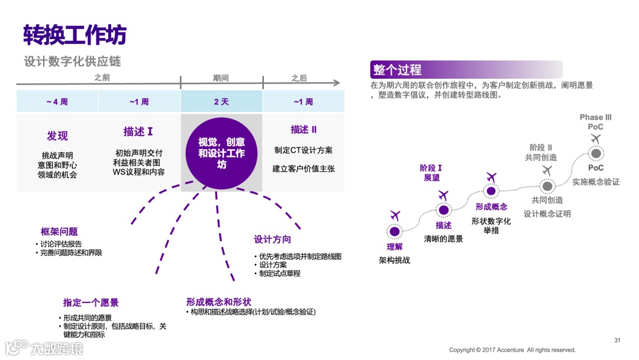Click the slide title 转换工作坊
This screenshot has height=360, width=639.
[x=75, y=35]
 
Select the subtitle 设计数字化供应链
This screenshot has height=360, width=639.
[x=72, y=62]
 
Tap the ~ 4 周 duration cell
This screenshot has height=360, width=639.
[x=57, y=102]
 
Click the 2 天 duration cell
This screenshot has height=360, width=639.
[x=221, y=102]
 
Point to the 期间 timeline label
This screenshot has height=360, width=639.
[x=221, y=78]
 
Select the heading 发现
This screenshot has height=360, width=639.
[x=57, y=136]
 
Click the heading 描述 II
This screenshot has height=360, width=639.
[x=304, y=130]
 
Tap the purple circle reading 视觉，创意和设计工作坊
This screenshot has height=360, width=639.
[x=221, y=152]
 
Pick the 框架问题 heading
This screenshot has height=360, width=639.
[x=59, y=232]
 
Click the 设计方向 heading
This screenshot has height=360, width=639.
[x=272, y=239]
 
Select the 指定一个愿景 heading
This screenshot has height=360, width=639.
[x=91, y=303]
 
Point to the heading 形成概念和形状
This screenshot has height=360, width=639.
[x=218, y=302]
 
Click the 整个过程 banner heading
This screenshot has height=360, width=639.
[x=397, y=70]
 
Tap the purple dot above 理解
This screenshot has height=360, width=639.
[x=395, y=231]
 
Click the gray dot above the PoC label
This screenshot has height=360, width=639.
[x=596, y=154]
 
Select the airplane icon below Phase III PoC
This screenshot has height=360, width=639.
[x=596, y=139]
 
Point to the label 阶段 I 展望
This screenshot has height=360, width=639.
[x=431, y=173]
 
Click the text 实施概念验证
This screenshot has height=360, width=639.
[x=596, y=182]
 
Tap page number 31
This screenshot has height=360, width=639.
[x=617, y=340]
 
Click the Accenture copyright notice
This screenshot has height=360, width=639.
[x=512, y=350]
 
